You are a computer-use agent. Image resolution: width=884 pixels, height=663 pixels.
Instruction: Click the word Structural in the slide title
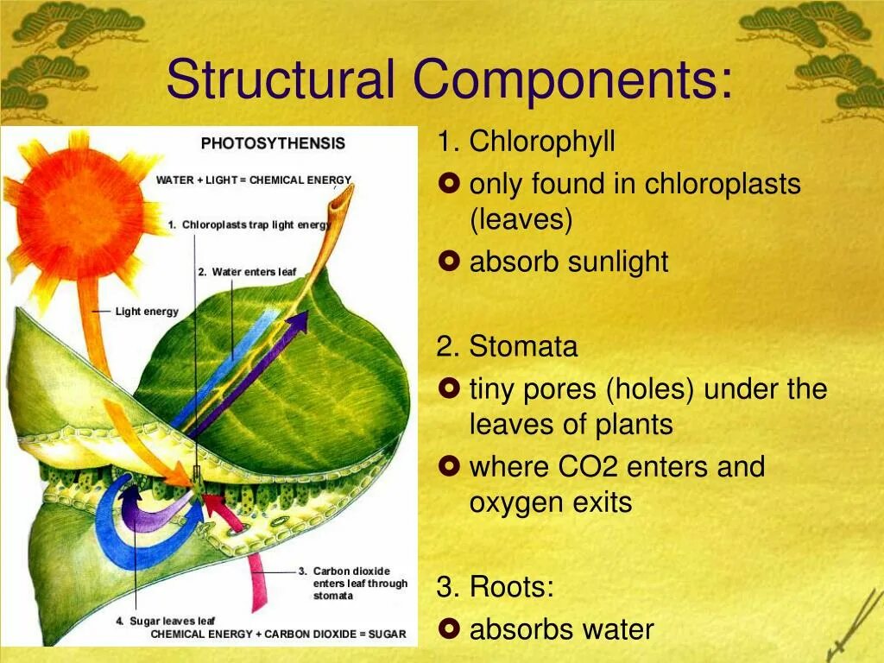[x=281, y=79]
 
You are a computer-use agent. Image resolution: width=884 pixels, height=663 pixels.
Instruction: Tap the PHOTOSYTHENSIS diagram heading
[x=273, y=143]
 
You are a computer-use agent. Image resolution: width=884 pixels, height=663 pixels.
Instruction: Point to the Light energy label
[x=147, y=311]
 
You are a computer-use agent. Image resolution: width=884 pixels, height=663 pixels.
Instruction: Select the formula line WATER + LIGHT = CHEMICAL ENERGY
[x=254, y=180]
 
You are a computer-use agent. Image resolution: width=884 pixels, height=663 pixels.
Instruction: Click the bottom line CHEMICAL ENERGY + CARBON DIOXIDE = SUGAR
[x=278, y=635]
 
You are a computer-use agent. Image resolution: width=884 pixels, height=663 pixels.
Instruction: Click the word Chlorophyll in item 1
[x=541, y=142]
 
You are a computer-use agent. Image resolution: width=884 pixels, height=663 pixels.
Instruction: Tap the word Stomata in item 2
[x=523, y=347]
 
